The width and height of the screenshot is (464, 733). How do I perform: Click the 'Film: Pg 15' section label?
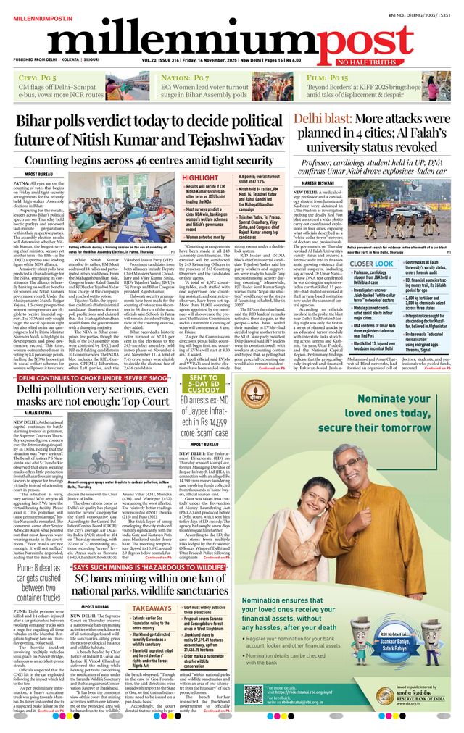[328, 76]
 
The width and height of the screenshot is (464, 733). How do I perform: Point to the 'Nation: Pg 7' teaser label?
[186, 76]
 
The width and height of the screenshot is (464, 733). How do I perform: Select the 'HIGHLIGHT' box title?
[199, 177]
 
